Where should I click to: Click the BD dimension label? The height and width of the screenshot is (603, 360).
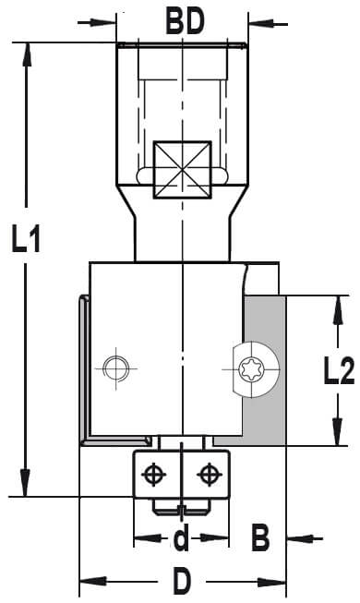[x=185, y=22]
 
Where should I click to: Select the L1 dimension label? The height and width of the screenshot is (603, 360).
[x=26, y=239]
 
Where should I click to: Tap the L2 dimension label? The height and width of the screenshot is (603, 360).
[x=339, y=370]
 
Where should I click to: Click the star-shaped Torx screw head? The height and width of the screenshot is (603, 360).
[x=250, y=369]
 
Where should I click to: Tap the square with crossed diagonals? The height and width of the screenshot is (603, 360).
[x=183, y=170]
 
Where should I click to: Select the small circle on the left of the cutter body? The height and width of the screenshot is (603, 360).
[x=116, y=368]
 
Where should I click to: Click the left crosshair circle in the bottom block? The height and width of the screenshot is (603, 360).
[x=154, y=474]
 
